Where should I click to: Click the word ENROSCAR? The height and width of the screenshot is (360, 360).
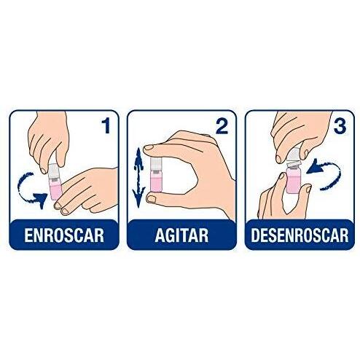(x=64, y=235)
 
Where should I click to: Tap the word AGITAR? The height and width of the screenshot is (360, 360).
(x=181, y=235)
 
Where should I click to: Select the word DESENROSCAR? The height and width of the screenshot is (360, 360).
(x=300, y=235)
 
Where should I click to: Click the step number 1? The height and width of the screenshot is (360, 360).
(x=106, y=126)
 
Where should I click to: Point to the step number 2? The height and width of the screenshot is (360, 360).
(x=222, y=126)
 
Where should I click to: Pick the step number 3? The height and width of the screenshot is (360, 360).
(x=340, y=126)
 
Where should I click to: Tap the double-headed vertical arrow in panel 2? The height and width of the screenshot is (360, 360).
(x=138, y=177)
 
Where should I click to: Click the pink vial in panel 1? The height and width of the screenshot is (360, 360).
(x=56, y=189)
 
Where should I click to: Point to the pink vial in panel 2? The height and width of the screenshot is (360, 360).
(x=157, y=180)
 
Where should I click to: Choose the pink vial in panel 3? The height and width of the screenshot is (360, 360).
(x=294, y=181)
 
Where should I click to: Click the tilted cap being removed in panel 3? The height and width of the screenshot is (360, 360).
(x=294, y=157)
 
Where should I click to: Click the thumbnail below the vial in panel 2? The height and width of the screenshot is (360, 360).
(x=152, y=199)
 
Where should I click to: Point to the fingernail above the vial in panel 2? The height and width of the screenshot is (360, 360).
(x=149, y=147)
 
